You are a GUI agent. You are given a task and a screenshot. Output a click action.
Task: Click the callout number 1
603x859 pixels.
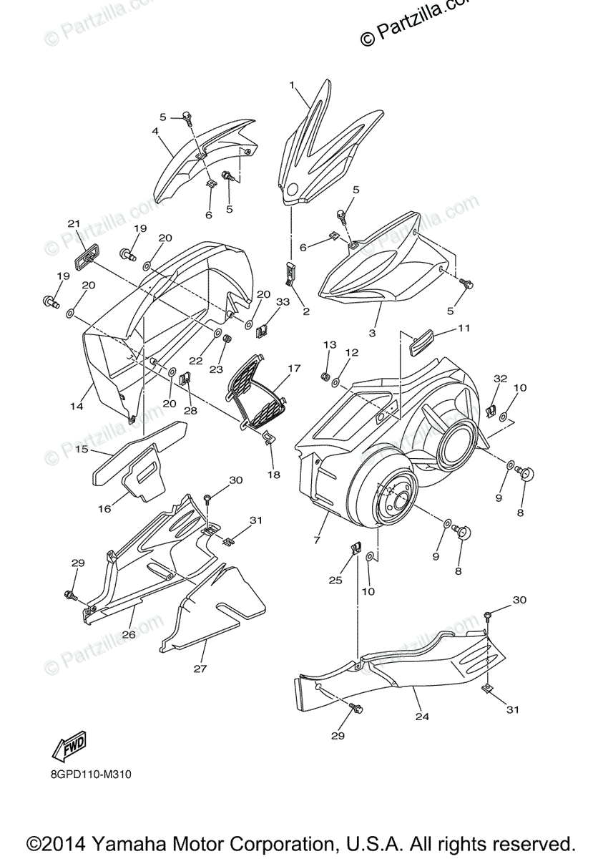pos(292,85)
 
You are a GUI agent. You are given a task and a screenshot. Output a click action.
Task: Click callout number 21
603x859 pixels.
pos(73,224)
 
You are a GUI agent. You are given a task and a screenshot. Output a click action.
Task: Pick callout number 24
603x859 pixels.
pos(422,715)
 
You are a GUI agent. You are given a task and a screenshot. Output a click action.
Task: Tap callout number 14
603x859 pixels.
pos(77,406)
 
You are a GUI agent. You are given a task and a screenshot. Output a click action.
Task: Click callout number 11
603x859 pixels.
pos(464,329)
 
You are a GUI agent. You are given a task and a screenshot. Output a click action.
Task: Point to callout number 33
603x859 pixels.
pos(283,302)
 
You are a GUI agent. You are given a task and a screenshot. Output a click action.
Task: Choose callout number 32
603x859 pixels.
pos(500,379)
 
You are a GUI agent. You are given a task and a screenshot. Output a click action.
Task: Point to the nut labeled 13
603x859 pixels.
pos(324,376)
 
